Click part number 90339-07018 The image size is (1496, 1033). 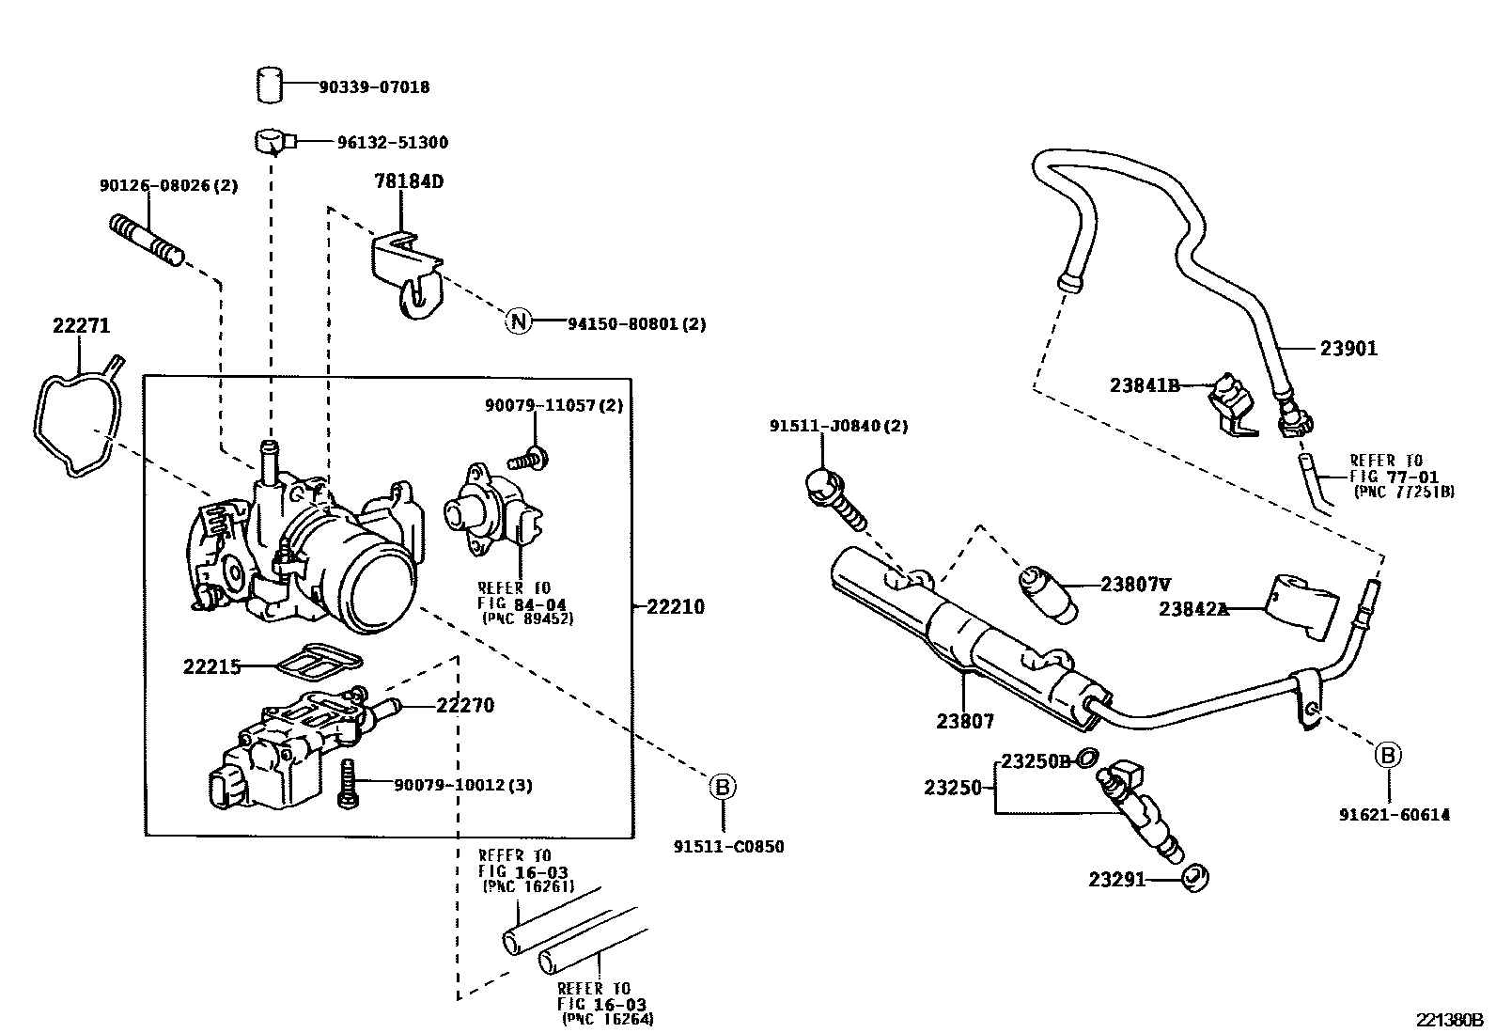pyautogui.click(x=374, y=86)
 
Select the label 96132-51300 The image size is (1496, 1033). pyautogui.click(x=393, y=142)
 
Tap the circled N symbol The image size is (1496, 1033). pyautogui.click(x=519, y=321)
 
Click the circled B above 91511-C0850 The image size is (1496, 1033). pyautogui.click(x=723, y=787)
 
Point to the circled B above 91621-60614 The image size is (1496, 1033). pyautogui.click(x=1388, y=756)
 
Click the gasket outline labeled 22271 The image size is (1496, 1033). pyautogui.click(x=78, y=416)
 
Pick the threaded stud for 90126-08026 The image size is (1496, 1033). pyautogui.click(x=147, y=239)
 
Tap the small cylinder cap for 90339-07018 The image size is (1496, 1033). pyautogui.click(x=269, y=85)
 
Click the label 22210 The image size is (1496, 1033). pyautogui.click(x=676, y=606)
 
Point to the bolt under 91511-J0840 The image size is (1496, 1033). pyautogui.click(x=836, y=500)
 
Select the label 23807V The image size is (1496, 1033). pyautogui.click(x=1135, y=585)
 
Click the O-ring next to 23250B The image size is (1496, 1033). pyautogui.click(x=1087, y=759)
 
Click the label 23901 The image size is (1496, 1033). pyautogui.click(x=1348, y=348)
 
